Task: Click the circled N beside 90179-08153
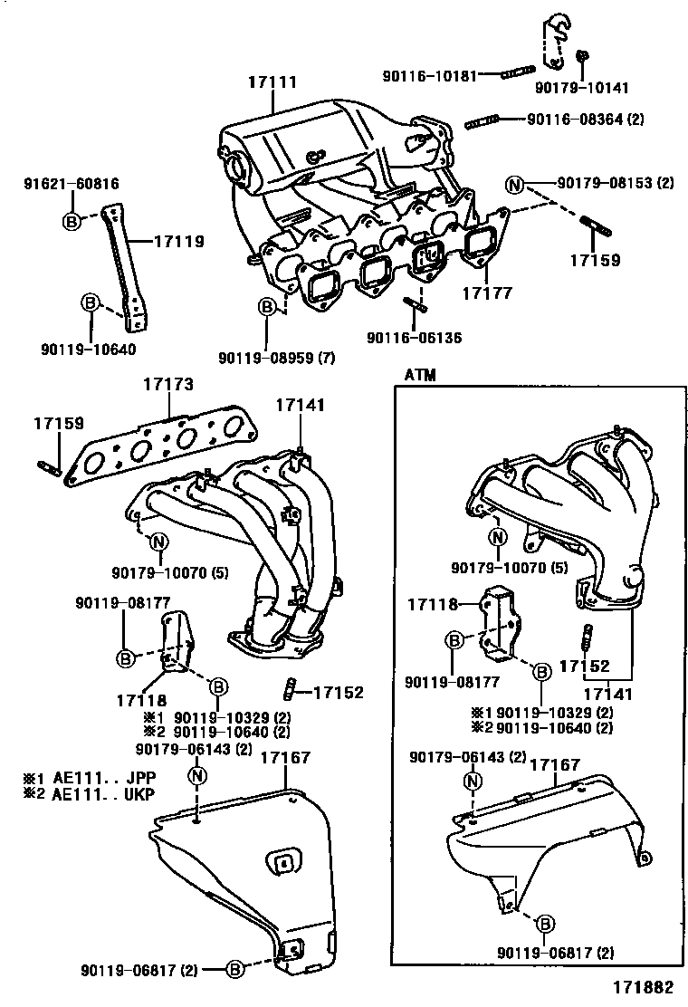(x=515, y=186)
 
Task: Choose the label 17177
(x=487, y=293)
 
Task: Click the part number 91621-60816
(x=71, y=184)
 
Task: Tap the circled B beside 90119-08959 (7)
(x=268, y=308)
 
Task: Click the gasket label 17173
(x=167, y=385)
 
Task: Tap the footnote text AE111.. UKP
(x=101, y=794)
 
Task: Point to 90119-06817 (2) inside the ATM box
(x=555, y=953)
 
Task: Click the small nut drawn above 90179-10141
(x=582, y=56)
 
